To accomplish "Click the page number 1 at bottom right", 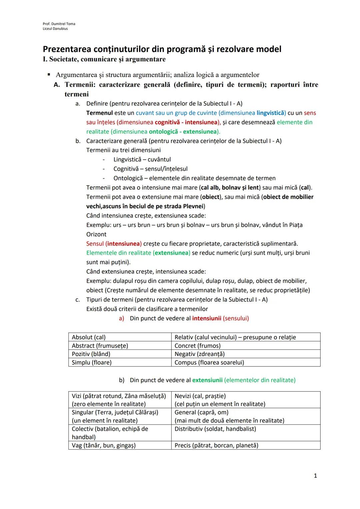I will click(x=315, y=476).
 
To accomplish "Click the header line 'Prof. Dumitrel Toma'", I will click(x=59, y=24).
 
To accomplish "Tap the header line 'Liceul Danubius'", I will click(x=55, y=29).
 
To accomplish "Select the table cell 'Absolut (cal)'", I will click(x=89, y=337).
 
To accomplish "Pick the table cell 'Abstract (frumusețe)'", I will click(x=100, y=346).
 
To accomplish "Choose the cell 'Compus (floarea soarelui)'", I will click(x=209, y=362).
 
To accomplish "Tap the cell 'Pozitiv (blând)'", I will click(x=91, y=354).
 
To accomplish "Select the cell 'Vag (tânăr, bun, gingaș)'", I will click(x=104, y=445).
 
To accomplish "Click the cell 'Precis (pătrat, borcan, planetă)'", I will click(x=216, y=445).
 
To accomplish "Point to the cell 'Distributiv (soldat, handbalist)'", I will click(x=215, y=429).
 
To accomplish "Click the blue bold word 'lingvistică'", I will click(x=271, y=113).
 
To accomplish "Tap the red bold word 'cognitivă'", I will click(x=167, y=122).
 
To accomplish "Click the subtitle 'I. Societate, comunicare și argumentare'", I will click(x=104, y=59).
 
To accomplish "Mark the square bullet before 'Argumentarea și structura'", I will click(x=49, y=74).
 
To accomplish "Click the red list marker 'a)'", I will click(x=121, y=318).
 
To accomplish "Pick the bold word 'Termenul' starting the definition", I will click(x=99, y=113).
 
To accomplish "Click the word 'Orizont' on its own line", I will click(x=96, y=234).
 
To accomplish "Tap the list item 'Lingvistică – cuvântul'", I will click(x=142, y=160).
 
